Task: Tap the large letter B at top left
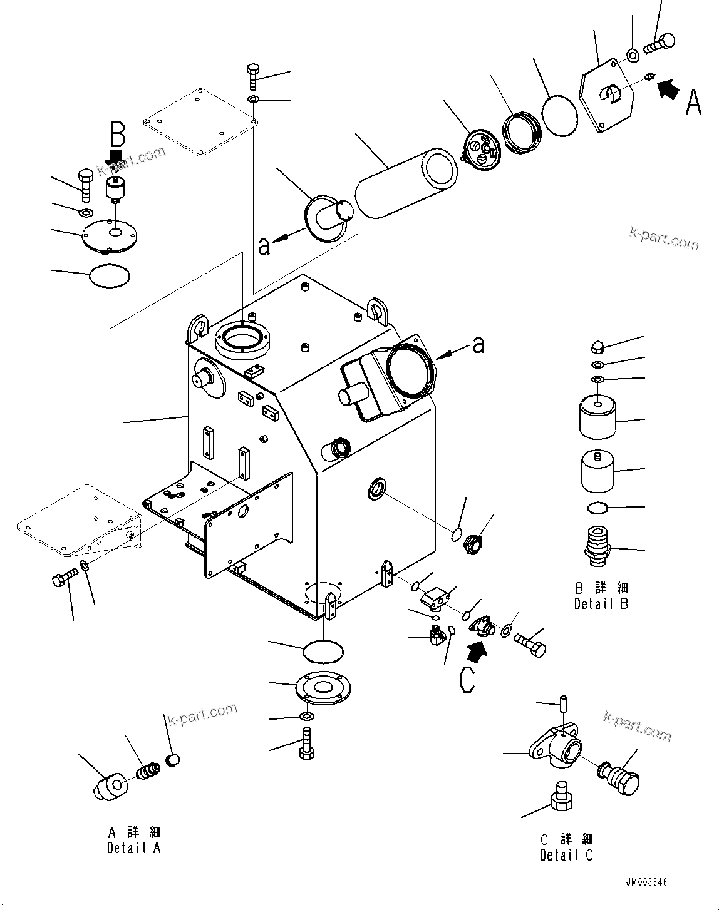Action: coord(117,135)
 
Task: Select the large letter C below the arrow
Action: coord(467,680)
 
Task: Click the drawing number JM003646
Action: coord(646,882)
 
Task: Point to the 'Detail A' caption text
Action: coord(133,848)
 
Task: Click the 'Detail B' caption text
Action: coord(601,604)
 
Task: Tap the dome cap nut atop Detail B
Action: coord(597,346)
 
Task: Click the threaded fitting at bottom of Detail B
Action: coord(596,546)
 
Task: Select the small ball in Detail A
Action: coord(173,760)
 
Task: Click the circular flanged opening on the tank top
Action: coord(242,341)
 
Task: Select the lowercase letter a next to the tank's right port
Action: coord(478,344)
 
